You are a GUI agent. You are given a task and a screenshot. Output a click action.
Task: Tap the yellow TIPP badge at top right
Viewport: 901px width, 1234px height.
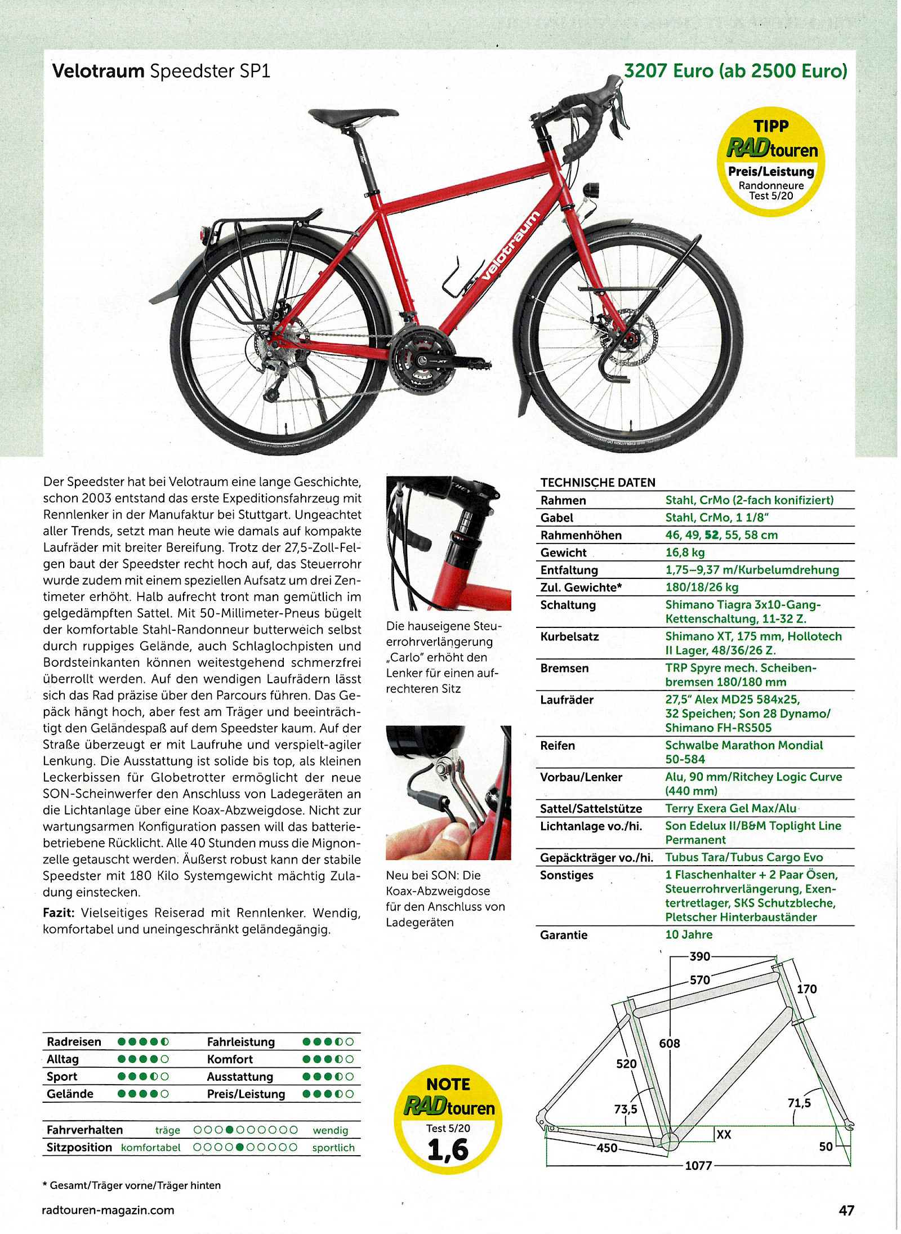(x=770, y=161)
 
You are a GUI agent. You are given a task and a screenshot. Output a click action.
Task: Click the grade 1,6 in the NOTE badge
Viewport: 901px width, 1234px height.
(x=448, y=1150)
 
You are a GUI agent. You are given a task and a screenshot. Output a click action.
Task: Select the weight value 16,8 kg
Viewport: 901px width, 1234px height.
(x=685, y=553)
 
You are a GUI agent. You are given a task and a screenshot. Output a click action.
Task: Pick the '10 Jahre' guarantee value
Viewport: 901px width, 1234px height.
(x=688, y=934)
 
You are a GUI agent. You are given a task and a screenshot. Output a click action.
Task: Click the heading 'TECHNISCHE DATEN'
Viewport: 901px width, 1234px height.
(x=597, y=483)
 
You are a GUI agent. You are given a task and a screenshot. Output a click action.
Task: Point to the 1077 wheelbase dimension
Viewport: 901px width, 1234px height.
(x=698, y=1165)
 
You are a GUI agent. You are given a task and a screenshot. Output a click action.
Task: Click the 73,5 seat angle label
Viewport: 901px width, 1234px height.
(x=625, y=1109)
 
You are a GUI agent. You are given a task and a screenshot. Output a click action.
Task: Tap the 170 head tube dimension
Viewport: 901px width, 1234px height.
(x=806, y=989)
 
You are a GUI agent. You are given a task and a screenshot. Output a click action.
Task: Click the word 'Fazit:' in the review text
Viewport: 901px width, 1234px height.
(x=59, y=913)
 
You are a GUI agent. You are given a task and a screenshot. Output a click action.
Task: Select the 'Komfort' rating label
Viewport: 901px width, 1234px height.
(x=230, y=1059)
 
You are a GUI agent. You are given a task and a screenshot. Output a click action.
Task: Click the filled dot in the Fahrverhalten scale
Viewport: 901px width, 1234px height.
(x=230, y=1130)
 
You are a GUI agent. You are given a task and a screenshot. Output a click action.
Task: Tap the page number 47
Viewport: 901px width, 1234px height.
(x=846, y=1210)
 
